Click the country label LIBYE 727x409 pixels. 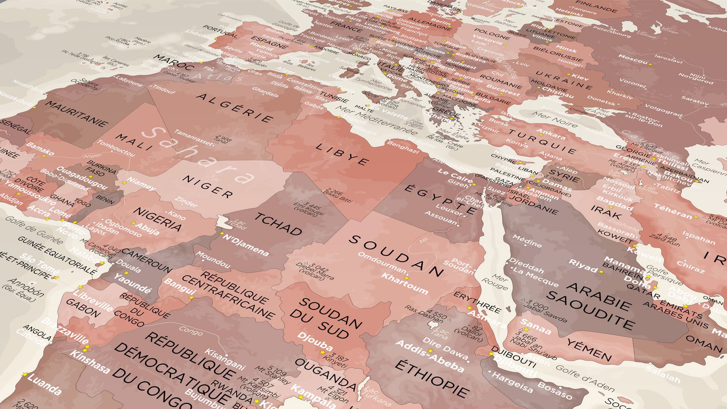(x=342, y=154)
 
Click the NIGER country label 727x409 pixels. (x=207, y=186)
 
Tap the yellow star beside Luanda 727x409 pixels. (x=25, y=375)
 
